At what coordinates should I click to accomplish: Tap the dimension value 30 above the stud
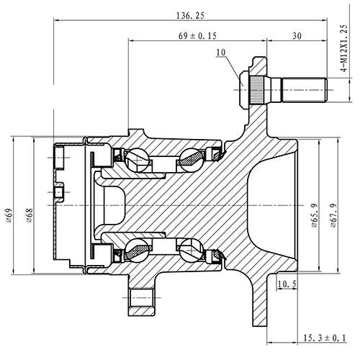pos(297,35)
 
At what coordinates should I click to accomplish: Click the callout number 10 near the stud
pos(220,53)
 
